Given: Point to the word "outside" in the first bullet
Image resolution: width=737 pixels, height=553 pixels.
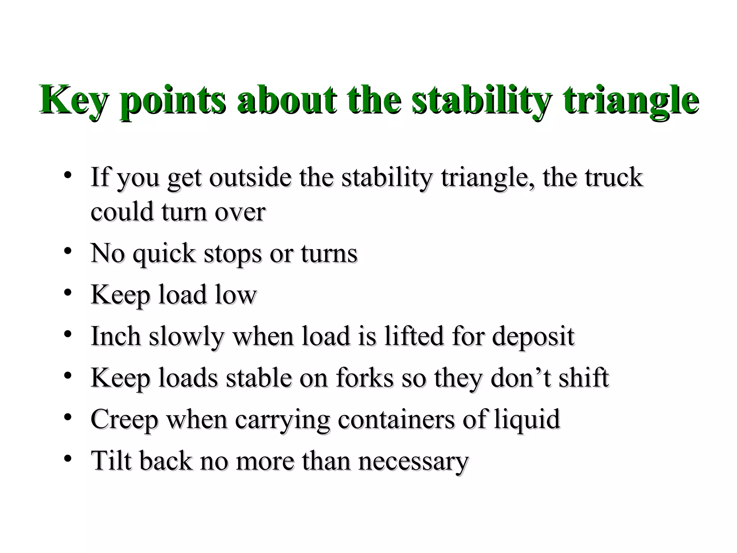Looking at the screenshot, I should pyautogui.click(x=250, y=177).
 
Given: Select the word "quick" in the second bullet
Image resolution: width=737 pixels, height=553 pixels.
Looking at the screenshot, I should pyautogui.click(x=164, y=254).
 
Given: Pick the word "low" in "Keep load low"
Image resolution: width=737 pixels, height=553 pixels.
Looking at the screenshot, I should pyautogui.click(x=236, y=295).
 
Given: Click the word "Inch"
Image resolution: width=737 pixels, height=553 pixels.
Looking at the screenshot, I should pyautogui.click(x=116, y=336).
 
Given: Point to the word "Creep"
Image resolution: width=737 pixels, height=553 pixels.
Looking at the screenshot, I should pyautogui.click(x=124, y=420).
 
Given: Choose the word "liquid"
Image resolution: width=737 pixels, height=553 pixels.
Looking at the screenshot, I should pyautogui.click(x=527, y=420).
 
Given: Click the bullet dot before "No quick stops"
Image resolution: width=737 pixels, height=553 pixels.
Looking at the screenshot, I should pyautogui.click(x=67, y=251).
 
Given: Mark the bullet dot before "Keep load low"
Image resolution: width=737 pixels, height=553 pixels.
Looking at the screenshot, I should pyautogui.click(x=67, y=293).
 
